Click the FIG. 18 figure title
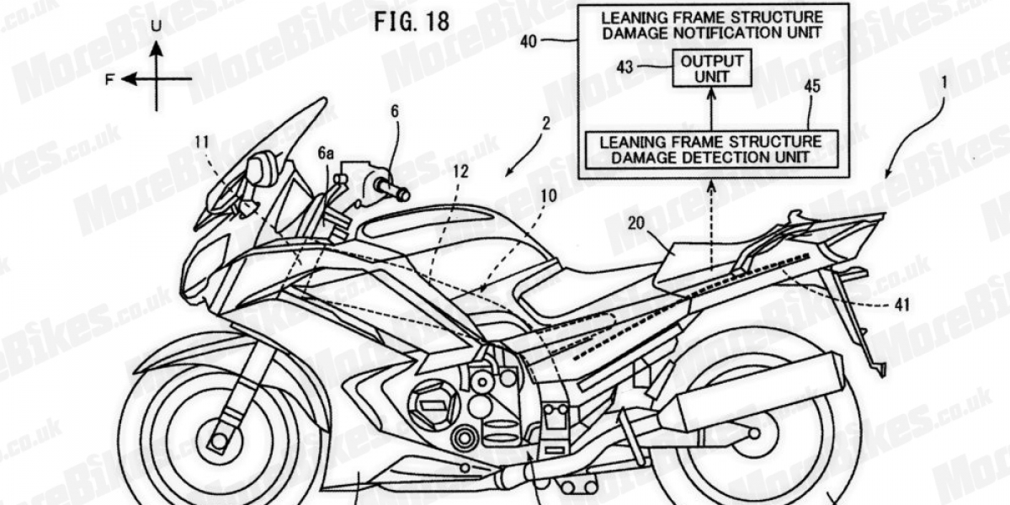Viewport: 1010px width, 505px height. (x=412, y=21)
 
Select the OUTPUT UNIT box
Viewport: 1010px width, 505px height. (x=711, y=68)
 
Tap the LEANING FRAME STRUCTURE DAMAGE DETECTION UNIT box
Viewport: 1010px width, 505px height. (x=710, y=149)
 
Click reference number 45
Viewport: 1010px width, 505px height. (x=811, y=86)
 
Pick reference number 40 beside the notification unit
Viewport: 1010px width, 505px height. (x=552, y=38)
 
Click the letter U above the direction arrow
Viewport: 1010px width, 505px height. (x=156, y=26)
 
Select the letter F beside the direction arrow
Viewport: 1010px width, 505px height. (x=110, y=79)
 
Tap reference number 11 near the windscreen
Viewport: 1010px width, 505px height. (x=201, y=142)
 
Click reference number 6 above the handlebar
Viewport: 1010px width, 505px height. (x=394, y=111)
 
